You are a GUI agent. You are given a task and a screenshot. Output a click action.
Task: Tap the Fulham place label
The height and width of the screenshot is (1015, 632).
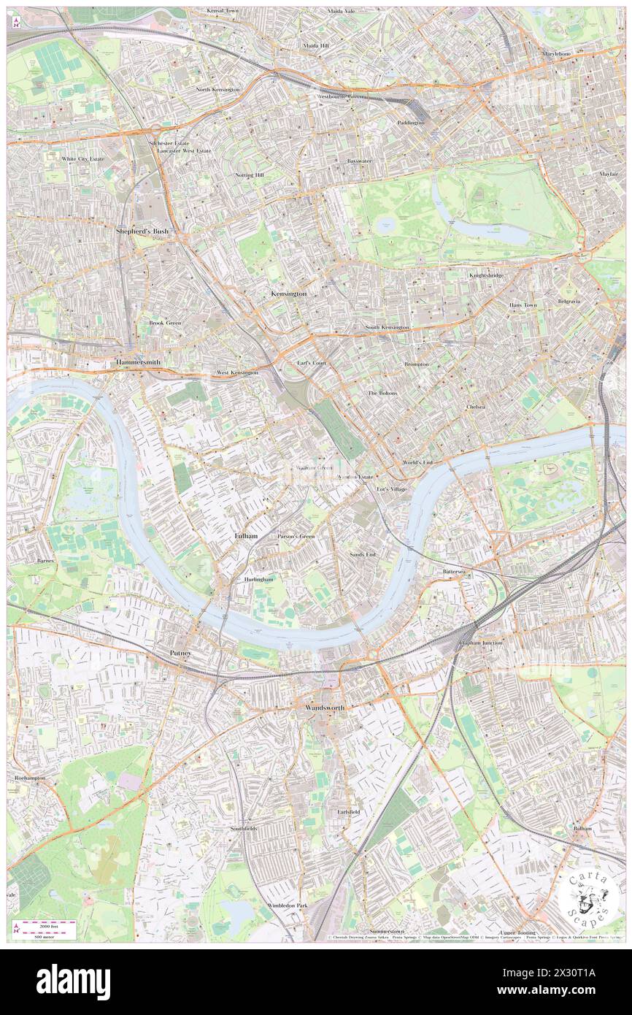246,536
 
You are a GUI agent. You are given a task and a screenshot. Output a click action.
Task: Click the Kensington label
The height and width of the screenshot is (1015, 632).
289,293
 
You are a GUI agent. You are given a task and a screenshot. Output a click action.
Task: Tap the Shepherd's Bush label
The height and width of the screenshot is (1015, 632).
142,231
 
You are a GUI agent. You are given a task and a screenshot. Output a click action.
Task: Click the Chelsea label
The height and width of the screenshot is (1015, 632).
477,406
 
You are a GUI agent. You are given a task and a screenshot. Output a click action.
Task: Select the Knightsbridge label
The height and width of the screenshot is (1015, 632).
486,275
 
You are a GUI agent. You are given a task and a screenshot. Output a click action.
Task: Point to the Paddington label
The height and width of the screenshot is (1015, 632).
411,123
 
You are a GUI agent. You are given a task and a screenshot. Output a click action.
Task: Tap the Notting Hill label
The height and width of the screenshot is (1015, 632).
250,175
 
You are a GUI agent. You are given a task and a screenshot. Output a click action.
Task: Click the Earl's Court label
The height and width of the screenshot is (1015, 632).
312,363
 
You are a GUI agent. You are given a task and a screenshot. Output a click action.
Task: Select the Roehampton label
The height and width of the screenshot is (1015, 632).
30,778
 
